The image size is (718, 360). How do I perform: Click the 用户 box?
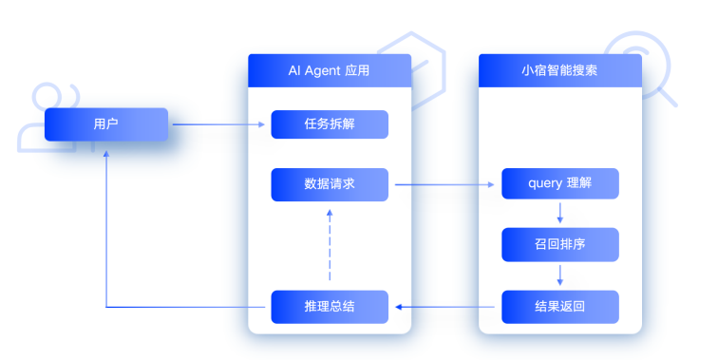pos(106,124)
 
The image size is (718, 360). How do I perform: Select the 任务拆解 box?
pos(330,124)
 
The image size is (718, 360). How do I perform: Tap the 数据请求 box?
pos(330,184)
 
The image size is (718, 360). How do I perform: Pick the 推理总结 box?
pos(330,306)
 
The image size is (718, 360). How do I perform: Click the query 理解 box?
pos(560,184)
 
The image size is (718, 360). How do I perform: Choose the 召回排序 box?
pos(560,245)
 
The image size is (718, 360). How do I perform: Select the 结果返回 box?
pos(560,306)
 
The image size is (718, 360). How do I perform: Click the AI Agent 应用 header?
pos(330,71)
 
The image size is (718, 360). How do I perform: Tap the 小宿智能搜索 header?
pos(560,71)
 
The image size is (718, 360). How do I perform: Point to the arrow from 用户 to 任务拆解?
pos(218,124)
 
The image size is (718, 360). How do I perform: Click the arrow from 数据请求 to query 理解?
pos(446,184)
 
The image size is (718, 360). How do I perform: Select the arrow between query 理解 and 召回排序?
pos(560,215)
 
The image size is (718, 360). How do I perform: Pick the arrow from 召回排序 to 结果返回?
pos(560,275)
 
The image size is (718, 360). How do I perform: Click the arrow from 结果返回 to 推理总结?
pos(446,306)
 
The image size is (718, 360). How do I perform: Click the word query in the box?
pos(545,184)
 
